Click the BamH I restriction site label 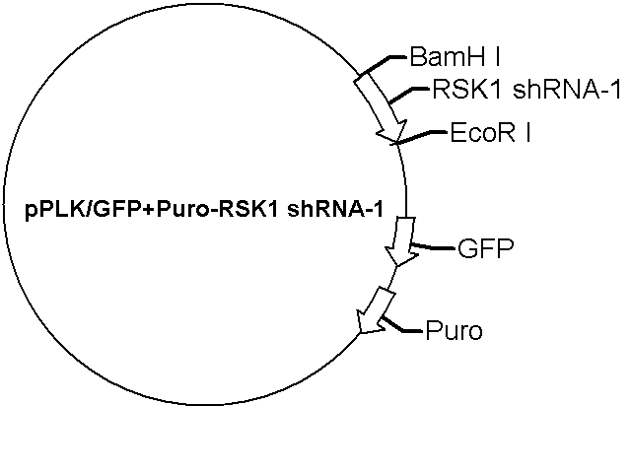tap(455, 57)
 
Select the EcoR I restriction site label tap(490, 133)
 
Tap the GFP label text tap(486, 248)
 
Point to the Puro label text tap(454, 331)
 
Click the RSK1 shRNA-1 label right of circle tap(526, 90)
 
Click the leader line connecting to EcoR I tap(418, 137)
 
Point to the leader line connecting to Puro tap(400, 326)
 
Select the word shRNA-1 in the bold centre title tap(335, 209)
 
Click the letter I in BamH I tap(497, 57)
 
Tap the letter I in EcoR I tap(527, 133)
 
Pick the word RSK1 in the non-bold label tap(466, 90)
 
